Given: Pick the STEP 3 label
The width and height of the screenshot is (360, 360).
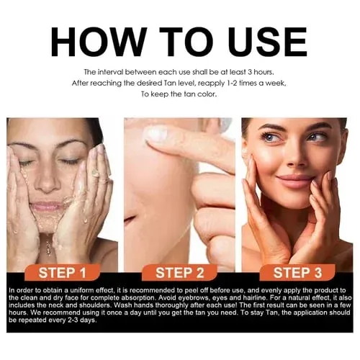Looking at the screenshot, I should point(295,272).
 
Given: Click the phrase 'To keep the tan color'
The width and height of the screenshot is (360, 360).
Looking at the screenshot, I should point(179,94).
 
